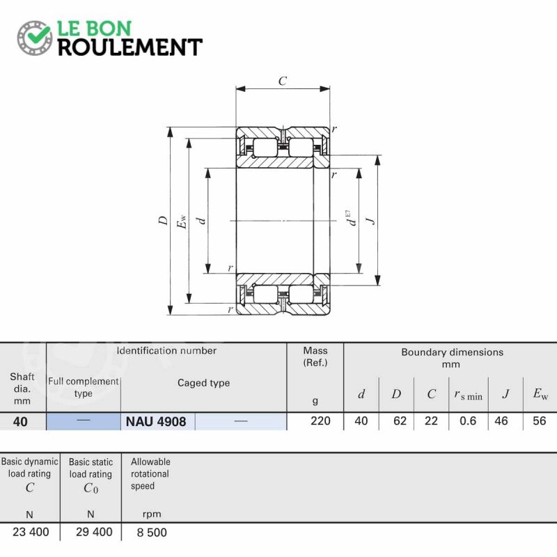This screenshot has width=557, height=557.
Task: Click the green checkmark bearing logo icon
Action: click(35, 38)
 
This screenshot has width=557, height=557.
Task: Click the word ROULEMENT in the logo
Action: click(130, 47)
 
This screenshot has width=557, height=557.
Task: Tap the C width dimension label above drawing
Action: click(283, 81)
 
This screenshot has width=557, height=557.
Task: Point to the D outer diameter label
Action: click(163, 220)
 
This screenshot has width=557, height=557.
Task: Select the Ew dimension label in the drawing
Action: click(182, 221)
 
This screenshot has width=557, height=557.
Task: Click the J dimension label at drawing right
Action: click(371, 221)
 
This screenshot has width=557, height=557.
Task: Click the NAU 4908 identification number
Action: click(156, 422)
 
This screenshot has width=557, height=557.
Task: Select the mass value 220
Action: click(320, 421)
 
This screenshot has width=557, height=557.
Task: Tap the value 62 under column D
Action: click(400, 421)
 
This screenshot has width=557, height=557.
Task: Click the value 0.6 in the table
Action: click(468, 421)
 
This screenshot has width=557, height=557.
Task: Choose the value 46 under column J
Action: click(501, 421)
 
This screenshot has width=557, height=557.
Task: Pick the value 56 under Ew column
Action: click(539, 421)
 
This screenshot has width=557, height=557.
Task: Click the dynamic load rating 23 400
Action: click(31, 532)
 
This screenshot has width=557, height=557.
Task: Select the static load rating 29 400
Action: click(94, 532)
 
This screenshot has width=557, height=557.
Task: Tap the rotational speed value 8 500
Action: click(152, 533)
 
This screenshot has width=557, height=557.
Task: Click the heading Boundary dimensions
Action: click(452, 352)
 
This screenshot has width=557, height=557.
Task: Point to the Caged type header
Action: click(203, 383)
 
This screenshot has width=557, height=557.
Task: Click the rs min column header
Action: click(469, 395)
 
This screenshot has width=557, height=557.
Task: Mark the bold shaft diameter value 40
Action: click(20, 422)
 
